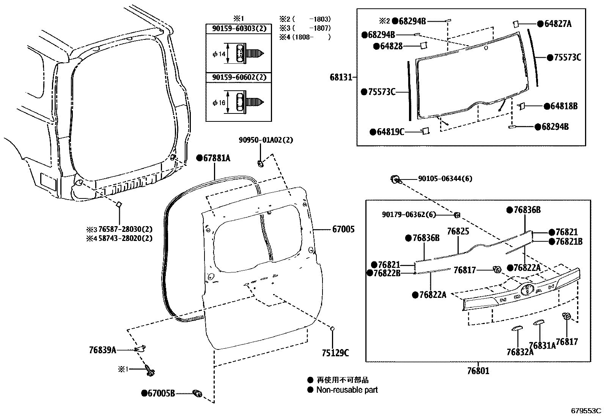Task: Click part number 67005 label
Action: tap(343, 229)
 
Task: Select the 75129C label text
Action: tap(335, 353)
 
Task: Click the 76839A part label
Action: tap(102, 350)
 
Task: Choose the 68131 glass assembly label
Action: tap(341, 77)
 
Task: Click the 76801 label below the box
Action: tap(478, 371)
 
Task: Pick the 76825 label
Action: tap(458, 231)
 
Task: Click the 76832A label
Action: tap(520, 352)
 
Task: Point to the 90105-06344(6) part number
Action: tap(445, 179)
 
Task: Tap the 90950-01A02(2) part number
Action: tap(266, 140)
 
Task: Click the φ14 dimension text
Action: tap(219, 54)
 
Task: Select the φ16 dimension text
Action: tap(219, 103)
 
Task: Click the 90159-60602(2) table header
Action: tap(239, 77)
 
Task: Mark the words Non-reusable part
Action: tap(347, 390)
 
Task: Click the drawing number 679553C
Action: tap(586, 411)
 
